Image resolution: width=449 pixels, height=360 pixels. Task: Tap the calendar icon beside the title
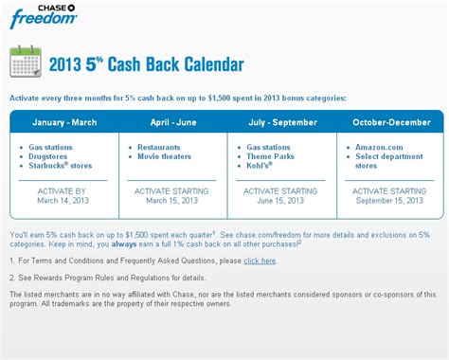point(24,63)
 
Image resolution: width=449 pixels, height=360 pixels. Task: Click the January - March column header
point(63,122)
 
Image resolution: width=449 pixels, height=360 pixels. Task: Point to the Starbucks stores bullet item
point(69,168)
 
